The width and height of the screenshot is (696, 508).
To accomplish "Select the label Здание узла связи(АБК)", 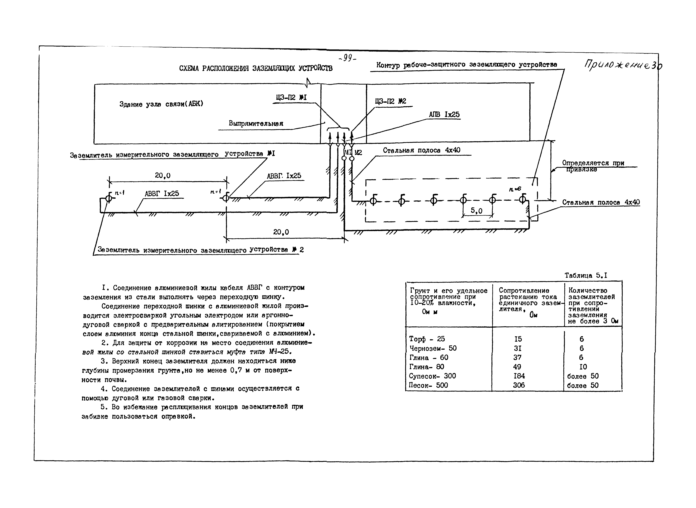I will (x=161, y=104).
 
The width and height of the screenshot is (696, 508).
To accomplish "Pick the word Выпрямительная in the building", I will (x=256, y=124).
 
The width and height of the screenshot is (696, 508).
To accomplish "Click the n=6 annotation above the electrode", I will (x=515, y=189).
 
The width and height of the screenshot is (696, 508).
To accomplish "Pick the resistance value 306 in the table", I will (x=519, y=385).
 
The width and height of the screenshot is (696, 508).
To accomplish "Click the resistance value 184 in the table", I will (x=519, y=376).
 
